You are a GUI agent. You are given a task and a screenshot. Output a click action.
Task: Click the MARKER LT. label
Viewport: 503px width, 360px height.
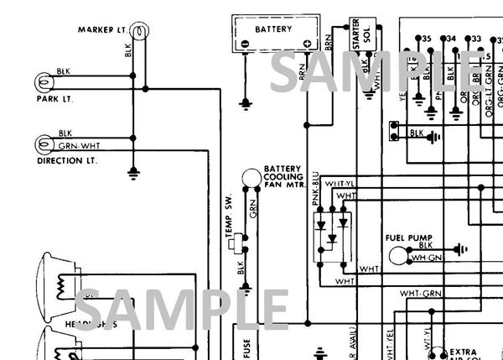point(102,30)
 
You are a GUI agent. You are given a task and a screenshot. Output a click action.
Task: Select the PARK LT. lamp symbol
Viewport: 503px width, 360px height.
point(43,82)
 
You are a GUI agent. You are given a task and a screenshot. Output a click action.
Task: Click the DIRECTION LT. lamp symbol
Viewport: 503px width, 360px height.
point(43,143)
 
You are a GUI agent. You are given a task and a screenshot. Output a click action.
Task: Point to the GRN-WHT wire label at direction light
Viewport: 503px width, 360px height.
point(74,145)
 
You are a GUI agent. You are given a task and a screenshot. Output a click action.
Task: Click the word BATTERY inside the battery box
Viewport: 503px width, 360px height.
point(273,29)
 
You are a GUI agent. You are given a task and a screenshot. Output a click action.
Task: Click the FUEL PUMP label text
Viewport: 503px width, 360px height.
point(408,237)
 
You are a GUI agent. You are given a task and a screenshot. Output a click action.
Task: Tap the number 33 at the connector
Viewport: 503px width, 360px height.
point(476,39)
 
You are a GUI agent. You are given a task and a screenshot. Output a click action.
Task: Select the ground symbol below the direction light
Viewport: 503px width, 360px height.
point(132,174)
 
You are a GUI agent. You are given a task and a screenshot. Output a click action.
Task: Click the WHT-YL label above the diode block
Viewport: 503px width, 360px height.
point(339,184)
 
